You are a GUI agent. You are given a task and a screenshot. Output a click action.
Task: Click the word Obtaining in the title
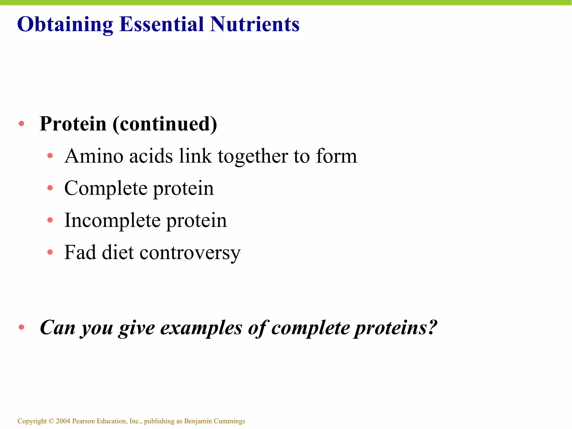pyautogui.click(x=65, y=25)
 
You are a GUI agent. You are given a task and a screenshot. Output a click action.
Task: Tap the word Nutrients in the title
pyautogui.click(x=254, y=25)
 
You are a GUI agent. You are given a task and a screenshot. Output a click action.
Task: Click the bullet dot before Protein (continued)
pyautogui.click(x=22, y=124)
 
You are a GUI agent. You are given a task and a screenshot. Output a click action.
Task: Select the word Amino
pyautogui.click(x=94, y=156)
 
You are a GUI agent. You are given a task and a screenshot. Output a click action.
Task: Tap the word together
pyautogui.click(x=253, y=156)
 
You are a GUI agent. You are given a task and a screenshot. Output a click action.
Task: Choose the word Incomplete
pyautogui.click(x=112, y=220)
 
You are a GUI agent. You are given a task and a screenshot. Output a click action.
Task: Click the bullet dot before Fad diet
pyautogui.click(x=50, y=252)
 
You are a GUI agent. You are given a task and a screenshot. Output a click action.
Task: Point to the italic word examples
pyautogui.click(x=201, y=328)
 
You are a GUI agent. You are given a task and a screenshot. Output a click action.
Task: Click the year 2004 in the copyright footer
pyautogui.click(x=63, y=421)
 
